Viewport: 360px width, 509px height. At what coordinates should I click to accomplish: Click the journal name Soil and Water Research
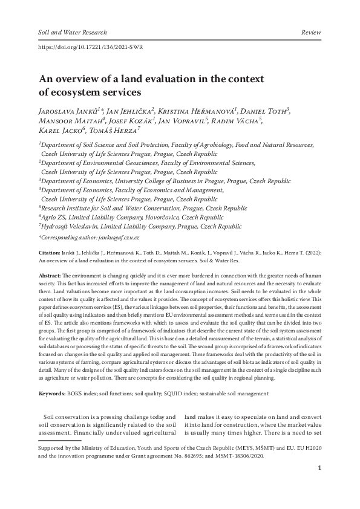[72, 32]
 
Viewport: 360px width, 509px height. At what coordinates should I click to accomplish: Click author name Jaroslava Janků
[67, 111]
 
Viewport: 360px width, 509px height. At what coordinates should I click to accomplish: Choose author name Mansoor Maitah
[66, 121]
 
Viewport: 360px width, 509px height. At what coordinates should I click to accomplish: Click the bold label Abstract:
[50, 275]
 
